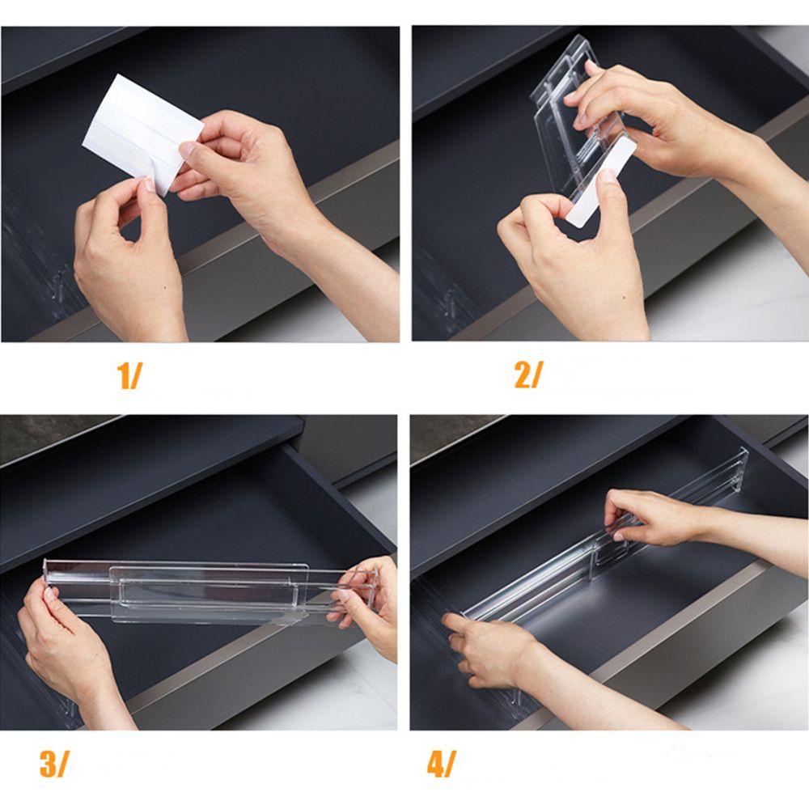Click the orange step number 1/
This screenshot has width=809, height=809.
(x=129, y=375)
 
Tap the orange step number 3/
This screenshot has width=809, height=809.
(x=53, y=765)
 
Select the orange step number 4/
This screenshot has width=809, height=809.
(x=442, y=765)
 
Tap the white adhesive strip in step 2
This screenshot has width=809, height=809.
(x=601, y=181)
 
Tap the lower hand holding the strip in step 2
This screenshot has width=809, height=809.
(x=573, y=258)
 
